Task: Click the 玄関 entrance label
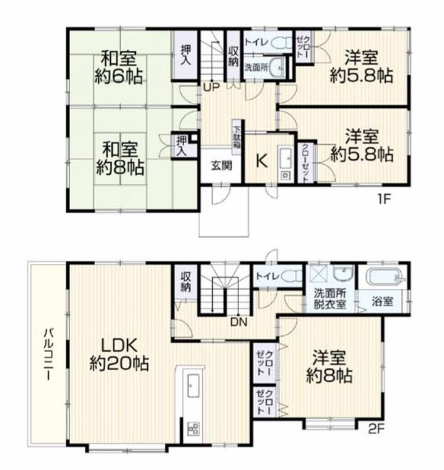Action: coord(222,166)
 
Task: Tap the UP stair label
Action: coord(211,87)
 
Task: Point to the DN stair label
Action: coord(239,322)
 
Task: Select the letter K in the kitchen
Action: coord(262,162)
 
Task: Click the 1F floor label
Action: coord(384,199)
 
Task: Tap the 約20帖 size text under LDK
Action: coord(119,363)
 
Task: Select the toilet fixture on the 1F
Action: coord(282,43)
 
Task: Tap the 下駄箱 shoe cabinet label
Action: coord(237,137)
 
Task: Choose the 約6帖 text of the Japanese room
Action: coord(118,76)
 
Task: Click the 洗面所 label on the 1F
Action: coord(256,67)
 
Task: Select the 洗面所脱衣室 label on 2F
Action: coord(330,298)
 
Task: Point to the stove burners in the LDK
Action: coord(194,429)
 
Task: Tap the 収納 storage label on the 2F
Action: coord(186,282)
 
